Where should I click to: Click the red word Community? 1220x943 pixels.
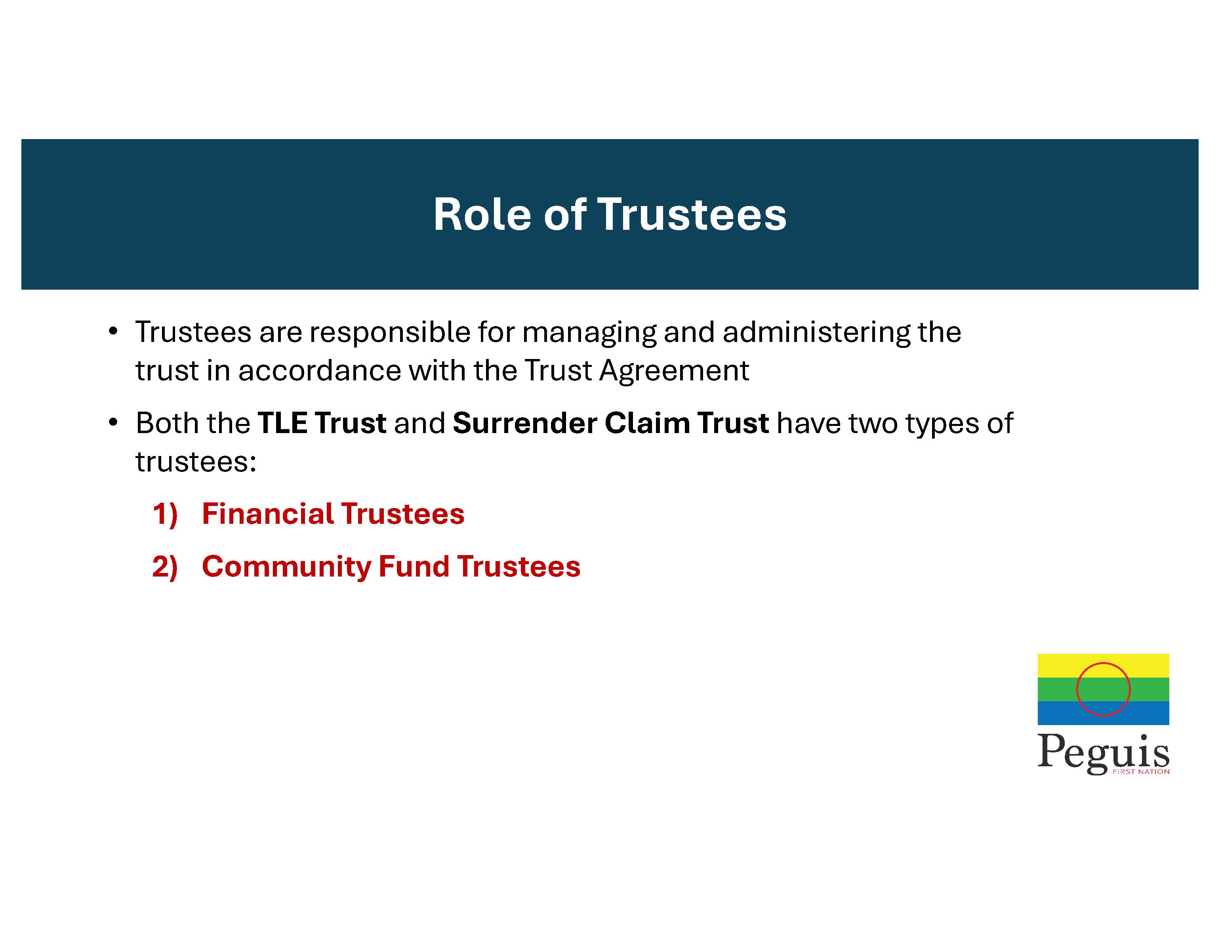click(286, 567)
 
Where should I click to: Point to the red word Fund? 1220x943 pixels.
click(414, 567)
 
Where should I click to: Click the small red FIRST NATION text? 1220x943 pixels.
click(1141, 771)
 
